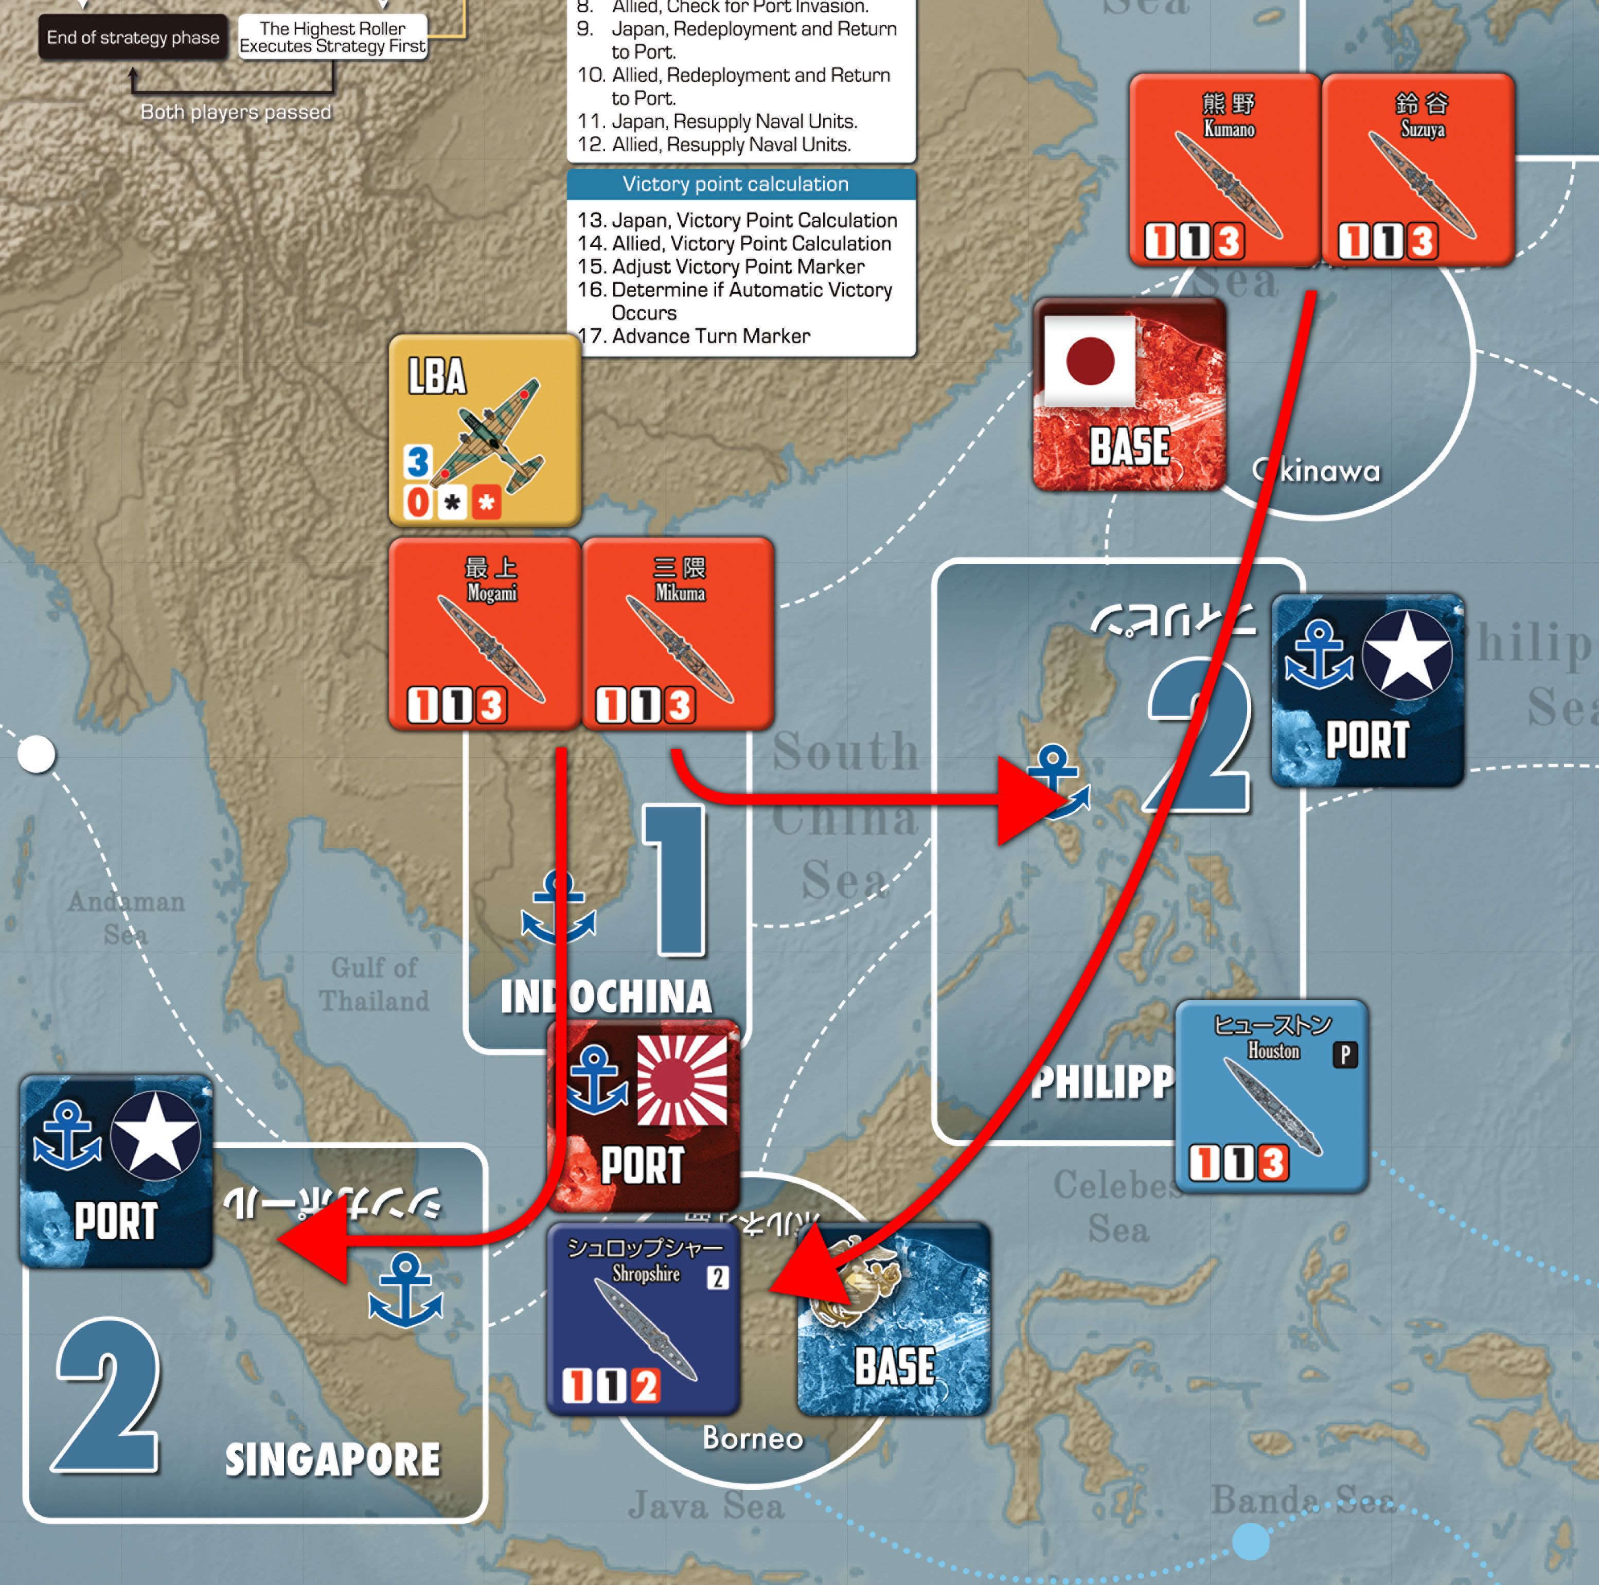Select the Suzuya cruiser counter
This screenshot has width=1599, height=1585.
click(1418, 170)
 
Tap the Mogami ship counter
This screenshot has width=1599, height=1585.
click(484, 633)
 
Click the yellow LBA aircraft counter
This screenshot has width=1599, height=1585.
click(484, 431)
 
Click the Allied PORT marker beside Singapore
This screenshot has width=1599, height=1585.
click(116, 1171)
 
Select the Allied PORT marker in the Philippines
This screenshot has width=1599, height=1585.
click(1367, 689)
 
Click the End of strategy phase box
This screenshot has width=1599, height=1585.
click(132, 37)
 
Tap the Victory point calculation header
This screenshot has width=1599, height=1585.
click(735, 184)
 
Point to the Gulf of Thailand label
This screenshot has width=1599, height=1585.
click(374, 983)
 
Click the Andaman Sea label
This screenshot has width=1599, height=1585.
click(126, 917)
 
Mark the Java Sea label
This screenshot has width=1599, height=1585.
click(705, 1505)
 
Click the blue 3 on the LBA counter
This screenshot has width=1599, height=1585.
click(418, 461)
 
